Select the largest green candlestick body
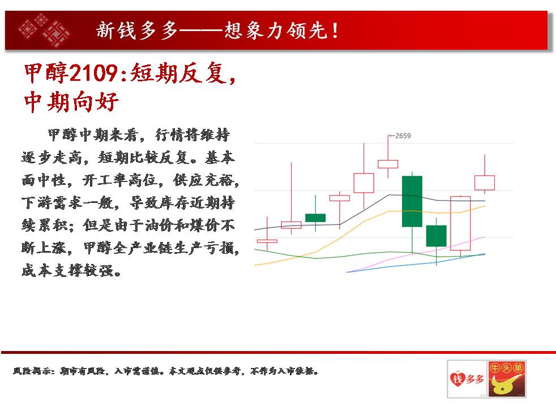(412, 201)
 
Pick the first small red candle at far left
(267, 241)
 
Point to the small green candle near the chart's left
(315, 218)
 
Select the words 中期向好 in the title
(71, 102)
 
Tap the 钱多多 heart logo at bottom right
(467, 379)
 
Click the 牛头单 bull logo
(507, 379)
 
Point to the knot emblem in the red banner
(44, 30)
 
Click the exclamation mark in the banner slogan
(335, 31)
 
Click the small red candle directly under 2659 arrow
(388, 164)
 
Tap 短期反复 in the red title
(178, 73)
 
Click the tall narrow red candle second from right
(460, 223)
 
